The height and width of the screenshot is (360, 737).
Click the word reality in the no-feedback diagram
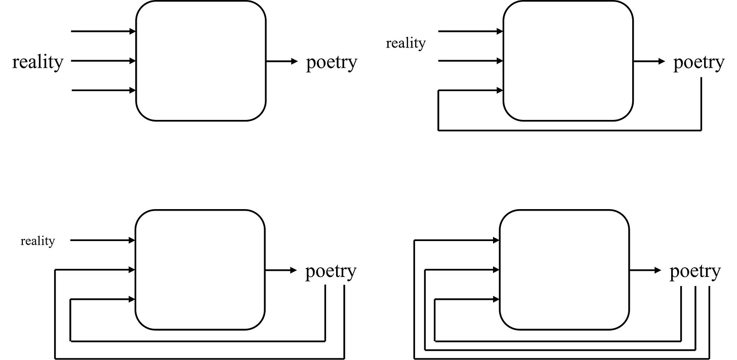(38, 62)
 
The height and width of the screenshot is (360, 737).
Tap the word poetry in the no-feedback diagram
(332, 63)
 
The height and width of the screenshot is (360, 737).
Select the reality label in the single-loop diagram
(405, 44)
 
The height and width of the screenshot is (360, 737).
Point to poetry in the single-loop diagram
(699, 63)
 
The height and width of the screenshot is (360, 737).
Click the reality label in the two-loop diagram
(37, 241)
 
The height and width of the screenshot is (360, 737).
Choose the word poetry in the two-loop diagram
(331, 272)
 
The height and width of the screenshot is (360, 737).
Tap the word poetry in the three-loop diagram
(694, 272)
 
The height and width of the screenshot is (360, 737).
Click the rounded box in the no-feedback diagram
(200, 61)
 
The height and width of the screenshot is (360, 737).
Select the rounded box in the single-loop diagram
(567, 61)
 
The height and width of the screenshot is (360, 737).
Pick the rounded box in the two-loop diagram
(200, 270)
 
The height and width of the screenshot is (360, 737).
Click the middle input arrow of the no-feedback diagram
(104, 61)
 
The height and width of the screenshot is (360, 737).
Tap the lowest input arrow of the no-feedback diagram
(104, 91)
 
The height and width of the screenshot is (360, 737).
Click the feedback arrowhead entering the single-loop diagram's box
(500, 91)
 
